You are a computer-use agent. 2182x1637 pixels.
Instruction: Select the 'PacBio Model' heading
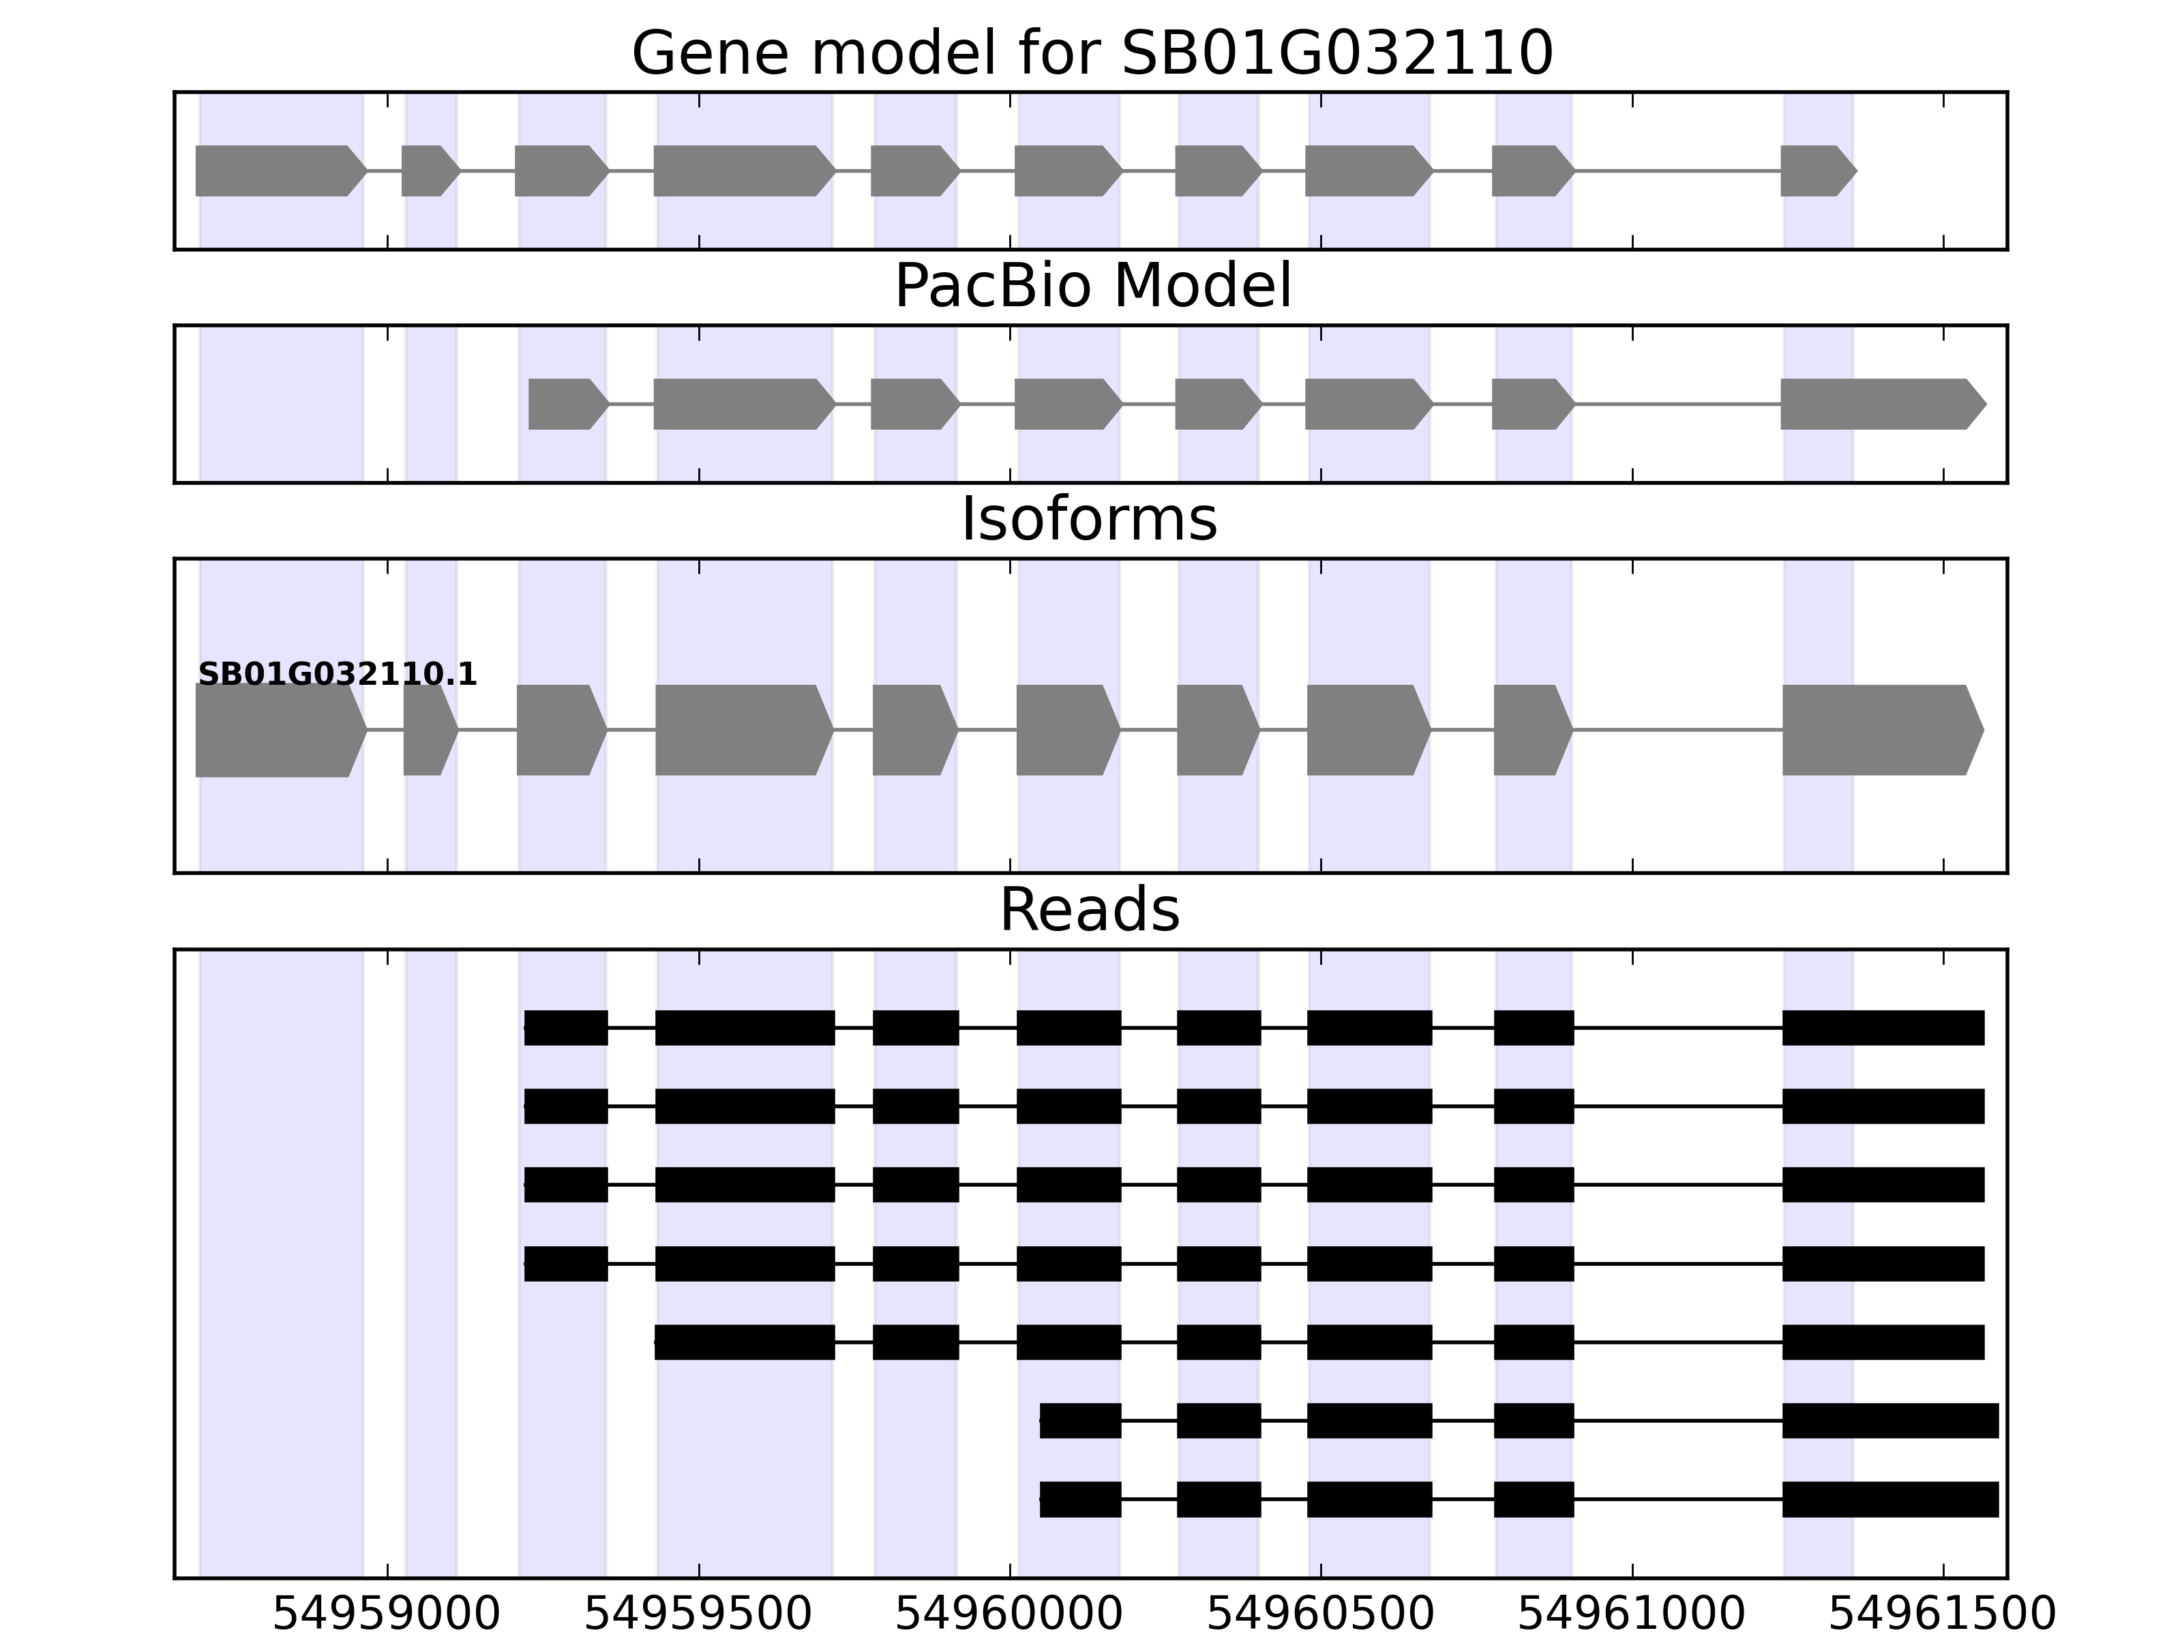pos(1092,287)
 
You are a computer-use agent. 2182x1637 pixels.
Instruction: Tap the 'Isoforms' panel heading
pos(1089,520)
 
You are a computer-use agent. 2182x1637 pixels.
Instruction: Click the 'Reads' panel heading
pos(1089,910)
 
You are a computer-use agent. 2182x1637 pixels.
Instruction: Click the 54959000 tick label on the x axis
pos(387,1614)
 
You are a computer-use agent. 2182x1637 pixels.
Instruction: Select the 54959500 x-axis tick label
pos(698,1614)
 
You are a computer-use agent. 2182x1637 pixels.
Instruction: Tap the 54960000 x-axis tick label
pos(1009,1614)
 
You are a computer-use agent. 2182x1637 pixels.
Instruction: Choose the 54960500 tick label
pos(1321,1614)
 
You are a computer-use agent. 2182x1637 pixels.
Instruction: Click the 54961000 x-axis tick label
pos(1632,1614)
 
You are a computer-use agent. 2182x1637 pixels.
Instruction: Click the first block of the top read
pos(565,1028)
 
